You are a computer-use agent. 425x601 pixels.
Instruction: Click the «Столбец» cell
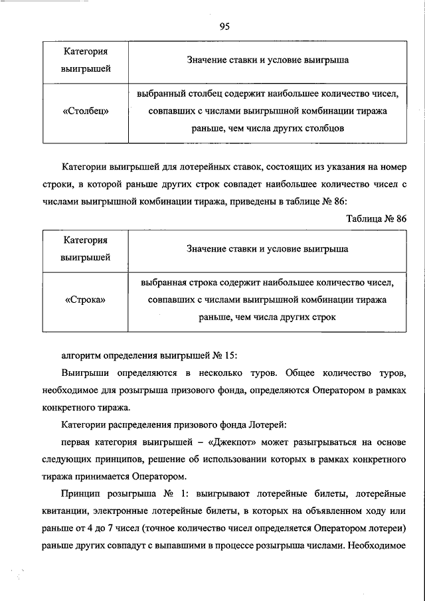click(x=86, y=111)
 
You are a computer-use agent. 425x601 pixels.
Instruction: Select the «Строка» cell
click(x=86, y=300)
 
